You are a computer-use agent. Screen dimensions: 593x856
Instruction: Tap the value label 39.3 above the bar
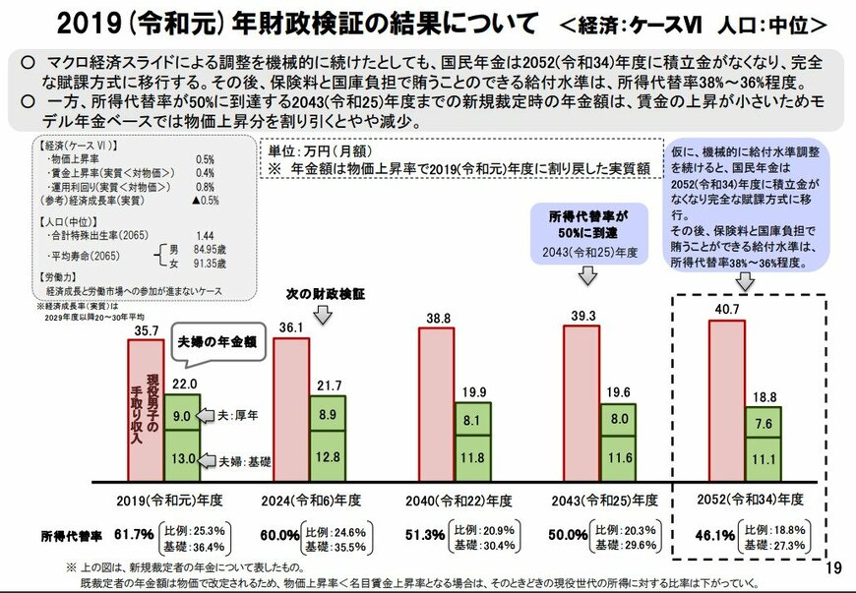point(586,317)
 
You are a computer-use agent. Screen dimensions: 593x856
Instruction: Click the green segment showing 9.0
point(181,415)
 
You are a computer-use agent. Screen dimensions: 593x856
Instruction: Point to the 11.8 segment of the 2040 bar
point(472,457)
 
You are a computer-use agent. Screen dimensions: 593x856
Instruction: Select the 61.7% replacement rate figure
point(134,535)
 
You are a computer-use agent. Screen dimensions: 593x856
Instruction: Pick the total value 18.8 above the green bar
point(763,395)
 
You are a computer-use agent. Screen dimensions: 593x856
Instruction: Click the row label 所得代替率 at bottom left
point(71,535)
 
